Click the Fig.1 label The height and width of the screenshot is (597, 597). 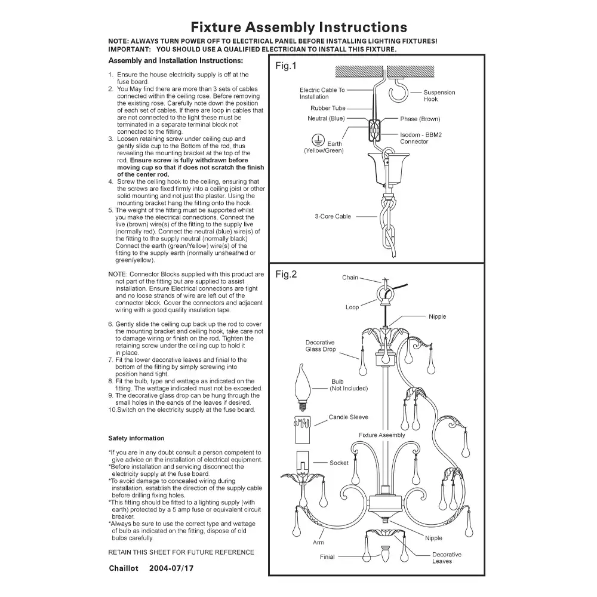[285, 66]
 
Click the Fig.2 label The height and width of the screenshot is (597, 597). [286, 275]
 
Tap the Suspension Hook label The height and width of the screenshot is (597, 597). [439, 96]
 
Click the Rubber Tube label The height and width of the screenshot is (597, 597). [328, 109]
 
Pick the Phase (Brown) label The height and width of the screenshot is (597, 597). [420, 119]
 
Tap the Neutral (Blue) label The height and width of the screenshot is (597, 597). [325, 118]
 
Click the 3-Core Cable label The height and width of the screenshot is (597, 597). [333, 216]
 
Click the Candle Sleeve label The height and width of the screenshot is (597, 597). [349, 417]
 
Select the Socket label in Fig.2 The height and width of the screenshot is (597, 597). [339, 463]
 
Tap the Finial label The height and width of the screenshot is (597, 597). [327, 557]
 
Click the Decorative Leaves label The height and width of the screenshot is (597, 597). [447, 558]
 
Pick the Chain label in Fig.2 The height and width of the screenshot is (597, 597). [350, 278]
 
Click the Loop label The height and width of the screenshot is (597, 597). [352, 307]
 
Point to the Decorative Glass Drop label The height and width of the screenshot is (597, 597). [321, 346]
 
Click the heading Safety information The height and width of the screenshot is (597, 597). [136, 438]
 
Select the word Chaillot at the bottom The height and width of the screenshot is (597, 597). [124, 568]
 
